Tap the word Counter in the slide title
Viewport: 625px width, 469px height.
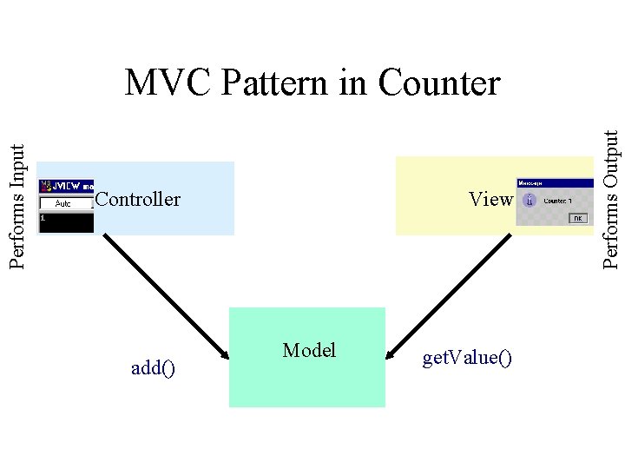pos(439,83)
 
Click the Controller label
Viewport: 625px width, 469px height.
pos(138,200)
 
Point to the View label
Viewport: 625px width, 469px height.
pos(490,200)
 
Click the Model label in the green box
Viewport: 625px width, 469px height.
pos(309,350)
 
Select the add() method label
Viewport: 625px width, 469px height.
pos(153,368)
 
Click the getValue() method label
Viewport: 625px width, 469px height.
pos(467,358)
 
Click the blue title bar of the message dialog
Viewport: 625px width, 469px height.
pos(554,183)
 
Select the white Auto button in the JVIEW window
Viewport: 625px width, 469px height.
pos(63,203)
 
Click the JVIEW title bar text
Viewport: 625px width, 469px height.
pos(71,185)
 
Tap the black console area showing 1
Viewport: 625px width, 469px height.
pos(67,222)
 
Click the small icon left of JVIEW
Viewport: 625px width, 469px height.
pos(46,185)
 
